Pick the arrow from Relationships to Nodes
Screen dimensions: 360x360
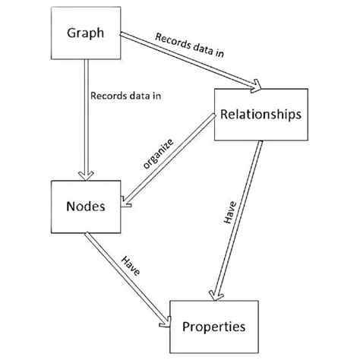pos(167,159)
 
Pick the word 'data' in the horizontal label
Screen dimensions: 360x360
pos(126,96)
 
